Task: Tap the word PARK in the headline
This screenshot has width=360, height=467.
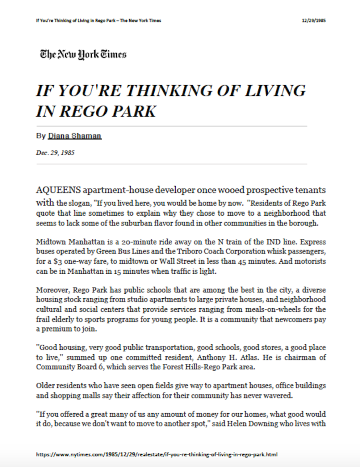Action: tap(133, 111)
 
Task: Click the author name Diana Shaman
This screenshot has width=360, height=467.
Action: tap(74, 136)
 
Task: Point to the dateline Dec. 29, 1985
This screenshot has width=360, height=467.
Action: tap(55, 153)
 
